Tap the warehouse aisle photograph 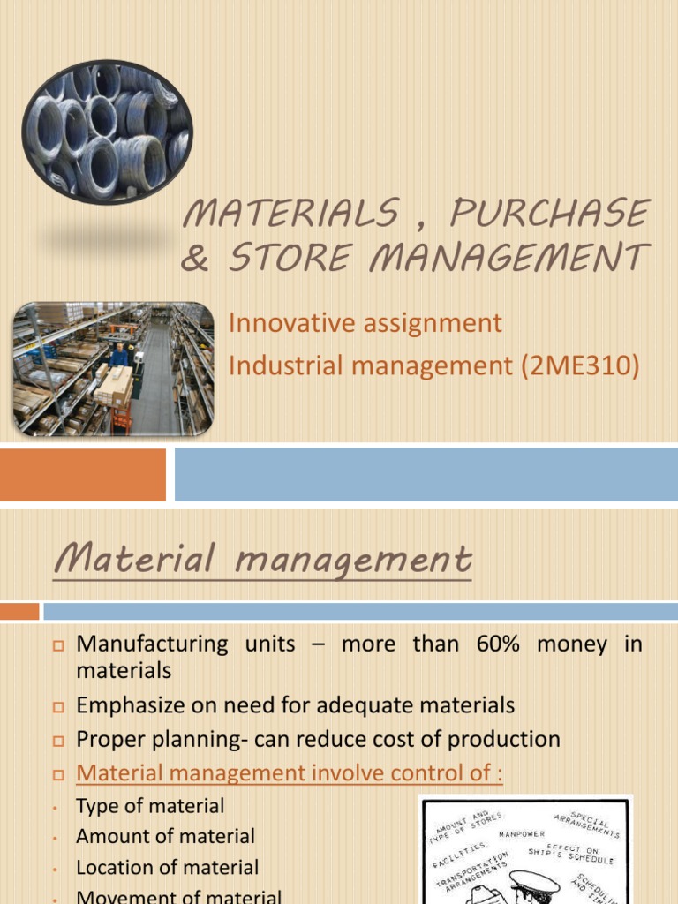[x=113, y=369]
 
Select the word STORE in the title [x=281, y=260]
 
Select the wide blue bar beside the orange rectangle [x=426, y=474]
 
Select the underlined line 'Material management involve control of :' [x=290, y=773]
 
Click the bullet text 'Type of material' [x=150, y=805]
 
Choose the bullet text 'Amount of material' [x=165, y=836]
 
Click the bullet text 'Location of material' [x=167, y=868]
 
